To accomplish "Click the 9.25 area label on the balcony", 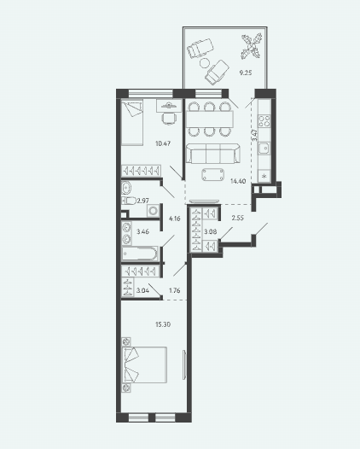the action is [245, 73].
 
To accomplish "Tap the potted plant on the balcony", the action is [252, 46].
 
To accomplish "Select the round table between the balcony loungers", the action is [205, 63].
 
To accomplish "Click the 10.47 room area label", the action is [163, 143].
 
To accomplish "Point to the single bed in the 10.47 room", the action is [132, 123].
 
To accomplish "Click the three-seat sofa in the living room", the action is [213, 154].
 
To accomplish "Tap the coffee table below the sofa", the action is [213, 175].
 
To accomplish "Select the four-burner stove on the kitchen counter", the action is [264, 121].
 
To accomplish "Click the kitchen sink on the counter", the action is [264, 148].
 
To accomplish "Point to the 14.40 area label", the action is [238, 181].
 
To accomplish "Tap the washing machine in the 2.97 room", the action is [153, 211].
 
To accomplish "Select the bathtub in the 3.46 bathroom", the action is [140, 254].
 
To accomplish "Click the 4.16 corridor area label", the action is [175, 219].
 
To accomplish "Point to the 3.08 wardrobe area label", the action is [211, 231].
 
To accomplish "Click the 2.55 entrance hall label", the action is [237, 218].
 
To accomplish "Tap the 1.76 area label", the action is [175, 290].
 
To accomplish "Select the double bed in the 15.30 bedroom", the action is [144, 364].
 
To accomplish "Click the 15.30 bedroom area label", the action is [163, 324].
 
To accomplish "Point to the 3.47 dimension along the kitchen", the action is [254, 135].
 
